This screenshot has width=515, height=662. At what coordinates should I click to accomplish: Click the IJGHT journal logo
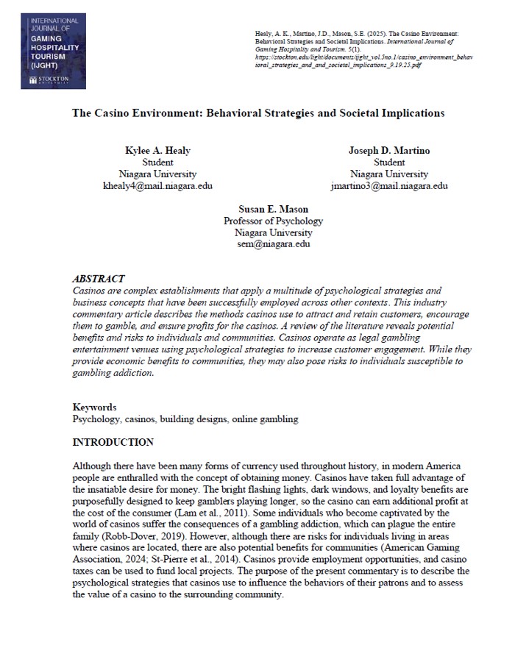(53, 49)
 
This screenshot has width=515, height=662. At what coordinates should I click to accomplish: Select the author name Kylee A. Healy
(157, 151)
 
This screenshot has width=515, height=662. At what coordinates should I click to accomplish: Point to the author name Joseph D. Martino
(389, 151)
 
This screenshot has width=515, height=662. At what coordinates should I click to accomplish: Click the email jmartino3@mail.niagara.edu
(389, 186)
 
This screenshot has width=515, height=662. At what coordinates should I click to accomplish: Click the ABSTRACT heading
(98, 279)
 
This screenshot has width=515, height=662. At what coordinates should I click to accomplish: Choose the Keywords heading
(94, 407)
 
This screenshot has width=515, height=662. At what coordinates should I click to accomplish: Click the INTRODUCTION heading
(113, 442)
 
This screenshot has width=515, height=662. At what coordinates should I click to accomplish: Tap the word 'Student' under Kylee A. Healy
(157, 163)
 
